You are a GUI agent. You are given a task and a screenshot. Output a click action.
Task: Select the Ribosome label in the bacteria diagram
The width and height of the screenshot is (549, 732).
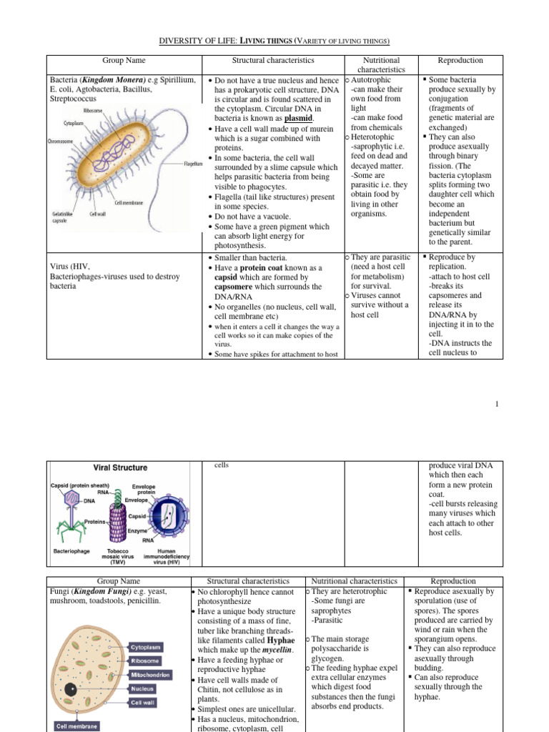(x=92, y=111)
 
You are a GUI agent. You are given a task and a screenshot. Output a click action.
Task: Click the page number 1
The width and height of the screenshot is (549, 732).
(x=496, y=405)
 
